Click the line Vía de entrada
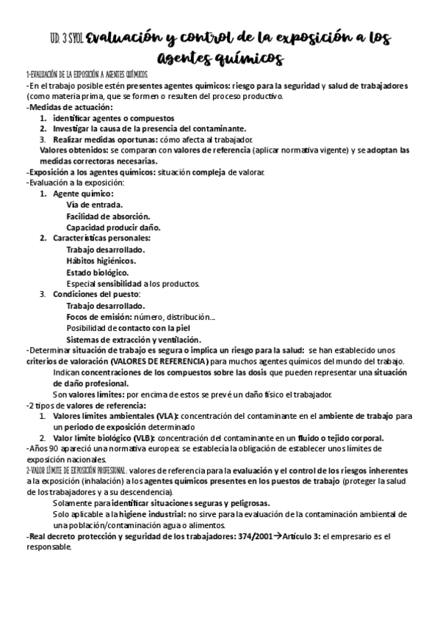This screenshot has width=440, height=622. [94, 205]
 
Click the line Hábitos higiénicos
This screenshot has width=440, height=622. [100, 260]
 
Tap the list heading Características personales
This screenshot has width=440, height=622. [101, 238]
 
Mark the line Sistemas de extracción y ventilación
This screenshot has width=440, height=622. [133, 340]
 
